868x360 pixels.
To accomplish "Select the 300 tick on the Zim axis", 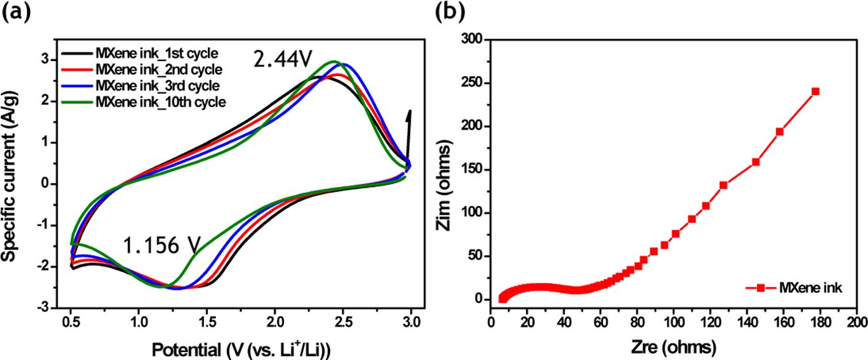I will (x=474, y=40).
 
